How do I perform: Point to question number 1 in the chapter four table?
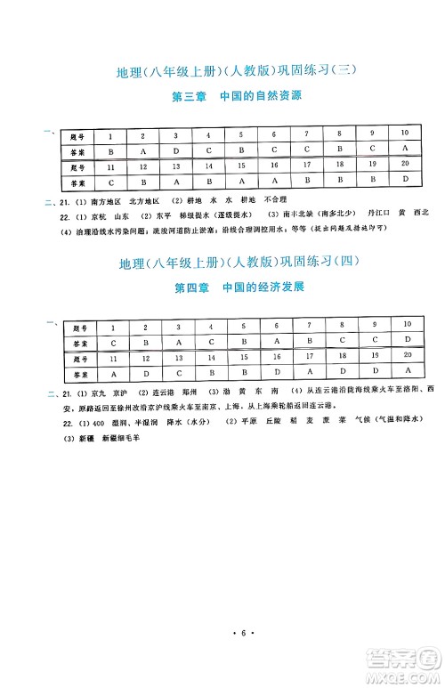tap(113, 326)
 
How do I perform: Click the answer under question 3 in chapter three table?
tap(176, 151)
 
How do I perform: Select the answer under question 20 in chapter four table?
tap(407, 371)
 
